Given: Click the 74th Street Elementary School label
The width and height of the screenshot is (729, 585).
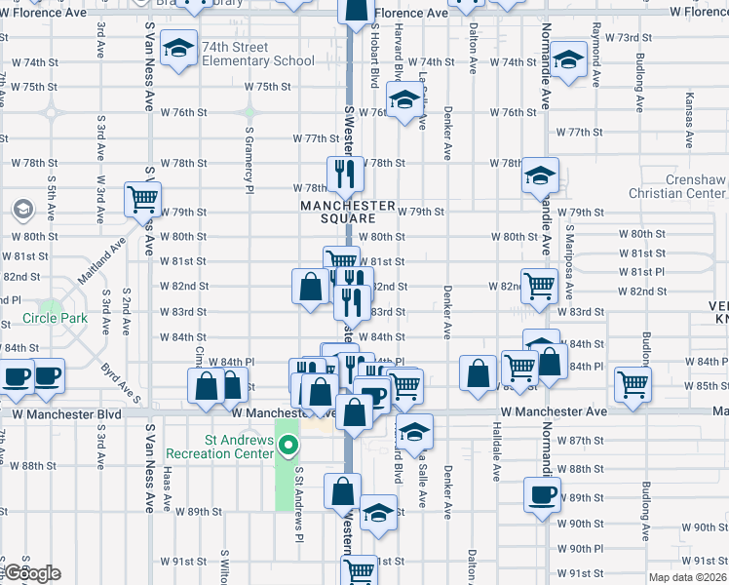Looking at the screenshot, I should point(257,53).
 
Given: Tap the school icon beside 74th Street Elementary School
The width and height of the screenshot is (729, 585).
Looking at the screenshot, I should point(179,48).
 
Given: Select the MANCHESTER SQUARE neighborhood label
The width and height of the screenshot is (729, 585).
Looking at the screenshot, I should point(348,212).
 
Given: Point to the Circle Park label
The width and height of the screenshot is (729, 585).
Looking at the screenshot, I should point(56,319).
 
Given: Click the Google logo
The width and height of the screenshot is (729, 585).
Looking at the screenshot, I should point(31,573).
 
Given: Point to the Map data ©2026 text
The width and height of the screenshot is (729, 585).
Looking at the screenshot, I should point(687,577).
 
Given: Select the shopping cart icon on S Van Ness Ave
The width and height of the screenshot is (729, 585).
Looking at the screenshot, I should point(142,200).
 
